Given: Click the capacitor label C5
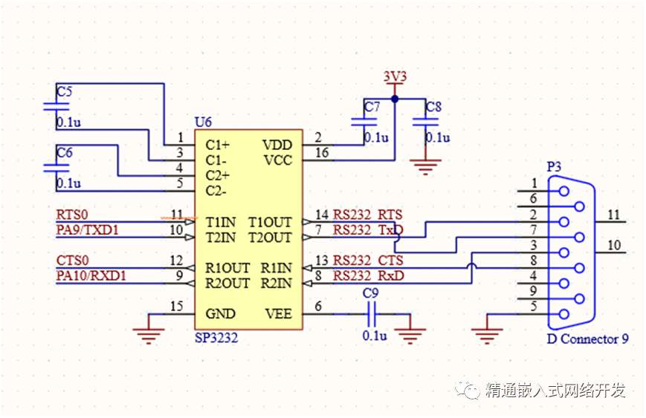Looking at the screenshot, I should tap(65, 92).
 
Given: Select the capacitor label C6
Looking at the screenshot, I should tap(65, 153).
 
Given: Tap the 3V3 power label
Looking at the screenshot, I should tap(395, 76).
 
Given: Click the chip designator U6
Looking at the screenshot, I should tap(202, 122).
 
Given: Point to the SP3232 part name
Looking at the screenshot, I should tap(216, 337).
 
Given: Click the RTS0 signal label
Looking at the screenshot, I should tap(72, 215).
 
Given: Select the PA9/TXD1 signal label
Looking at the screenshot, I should tap(87, 230).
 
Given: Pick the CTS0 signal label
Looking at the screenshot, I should tap(72, 261).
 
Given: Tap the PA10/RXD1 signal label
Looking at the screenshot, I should tap(90, 276).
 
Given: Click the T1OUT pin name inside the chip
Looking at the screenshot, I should tap(270, 222).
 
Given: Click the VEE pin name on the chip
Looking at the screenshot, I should tap(278, 314).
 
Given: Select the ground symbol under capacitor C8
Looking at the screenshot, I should tap(425, 166).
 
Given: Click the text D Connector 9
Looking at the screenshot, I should tap(587, 339).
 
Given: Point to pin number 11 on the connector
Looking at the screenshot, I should tap(613, 215).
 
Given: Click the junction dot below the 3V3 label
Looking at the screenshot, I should tap(395, 99).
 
